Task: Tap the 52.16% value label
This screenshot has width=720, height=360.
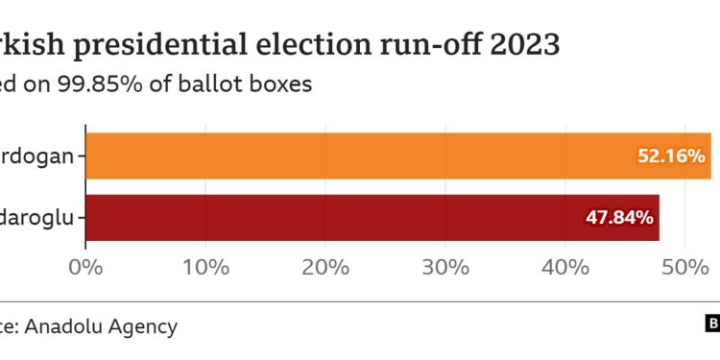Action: coord(672,156)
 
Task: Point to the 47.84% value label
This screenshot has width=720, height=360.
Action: coord(619,218)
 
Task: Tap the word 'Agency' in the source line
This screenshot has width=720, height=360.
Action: coord(141,327)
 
